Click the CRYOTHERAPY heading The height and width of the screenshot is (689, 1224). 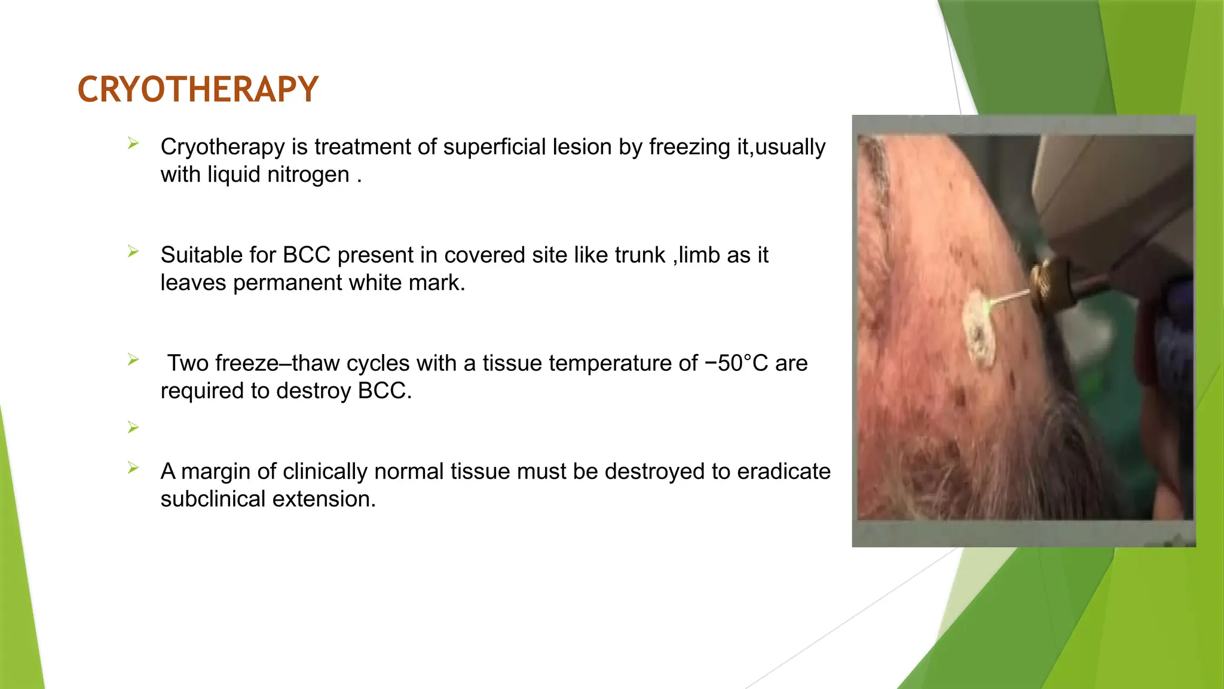pos(198,90)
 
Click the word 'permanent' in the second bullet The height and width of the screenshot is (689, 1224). pos(287,283)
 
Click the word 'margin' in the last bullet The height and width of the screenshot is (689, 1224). pos(216,472)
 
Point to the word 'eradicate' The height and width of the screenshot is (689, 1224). pos(784,472)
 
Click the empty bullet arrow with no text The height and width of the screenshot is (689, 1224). pos(133,428)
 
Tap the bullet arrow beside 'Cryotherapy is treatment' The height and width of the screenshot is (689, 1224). pos(133,144)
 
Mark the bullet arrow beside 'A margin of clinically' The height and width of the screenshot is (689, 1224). pos(133,468)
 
